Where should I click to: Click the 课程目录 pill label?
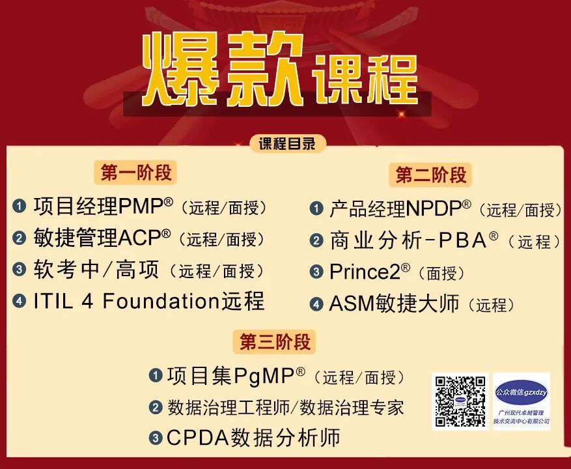point(287,144)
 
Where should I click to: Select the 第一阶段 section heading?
point(136,173)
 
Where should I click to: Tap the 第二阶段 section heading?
point(431,175)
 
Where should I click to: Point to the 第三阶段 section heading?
point(275,342)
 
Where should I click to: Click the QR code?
point(460,401)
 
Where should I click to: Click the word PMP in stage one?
point(141,206)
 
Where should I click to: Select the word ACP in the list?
point(139,238)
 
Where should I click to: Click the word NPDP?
point(433,209)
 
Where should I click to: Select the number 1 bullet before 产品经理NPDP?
point(316,209)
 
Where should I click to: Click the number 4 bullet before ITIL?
point(20,301)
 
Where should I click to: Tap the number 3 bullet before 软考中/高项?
point(20,270)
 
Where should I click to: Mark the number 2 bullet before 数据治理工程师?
point(155,408)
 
